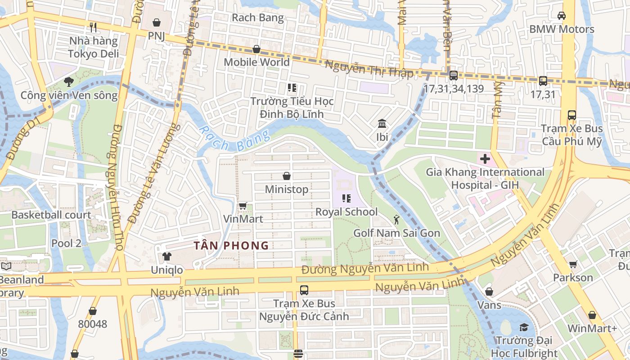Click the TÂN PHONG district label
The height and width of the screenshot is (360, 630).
click(231, 246)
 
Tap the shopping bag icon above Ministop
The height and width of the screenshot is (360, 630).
click(287, 176)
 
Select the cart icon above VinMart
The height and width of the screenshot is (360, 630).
click(243, 206)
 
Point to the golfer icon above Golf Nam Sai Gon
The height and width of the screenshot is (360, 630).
click(396, 220)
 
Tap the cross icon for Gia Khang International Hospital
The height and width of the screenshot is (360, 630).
click(485, 159)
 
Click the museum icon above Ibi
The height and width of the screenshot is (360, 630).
click(382, 123)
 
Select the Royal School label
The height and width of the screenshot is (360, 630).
click(346, 212)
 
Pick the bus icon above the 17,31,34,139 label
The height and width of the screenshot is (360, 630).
click(453, 76)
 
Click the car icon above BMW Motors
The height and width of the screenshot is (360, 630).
click(562, 16)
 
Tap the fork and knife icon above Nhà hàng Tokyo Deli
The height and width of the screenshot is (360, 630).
click(93, 27)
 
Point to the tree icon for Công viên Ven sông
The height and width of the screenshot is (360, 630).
click(68, 82)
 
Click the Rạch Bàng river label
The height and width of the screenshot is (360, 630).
click(234, 139)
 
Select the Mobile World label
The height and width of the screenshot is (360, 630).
click(256, 62)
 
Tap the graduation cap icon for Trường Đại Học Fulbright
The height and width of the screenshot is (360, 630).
click(524, 327)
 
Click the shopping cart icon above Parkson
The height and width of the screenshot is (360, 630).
click(573, 265)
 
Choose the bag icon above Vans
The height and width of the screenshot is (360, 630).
click(489, 292)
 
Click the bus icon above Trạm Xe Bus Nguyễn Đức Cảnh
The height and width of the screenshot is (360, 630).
click(304, 290)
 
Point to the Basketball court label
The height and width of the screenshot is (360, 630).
click(51, 215)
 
